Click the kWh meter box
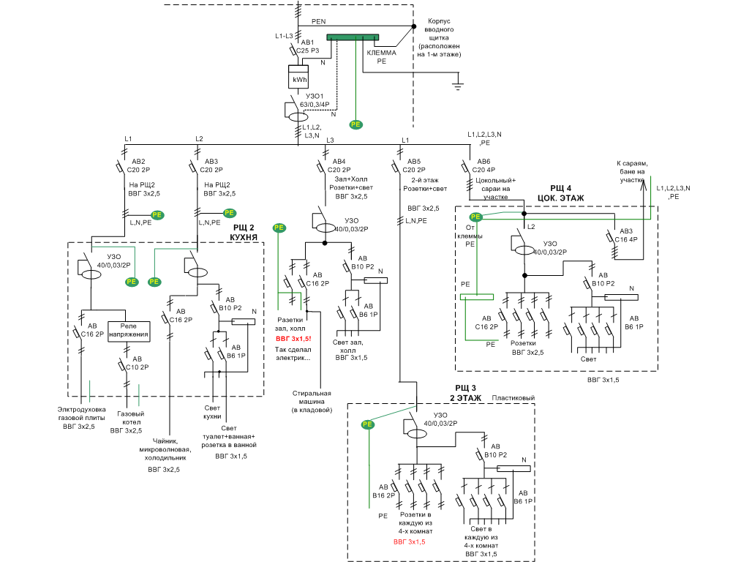point(300,78)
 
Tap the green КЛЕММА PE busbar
point(353,37)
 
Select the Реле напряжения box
point(129,331)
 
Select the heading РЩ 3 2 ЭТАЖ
point(465,393)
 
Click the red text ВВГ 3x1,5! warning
point(293,340)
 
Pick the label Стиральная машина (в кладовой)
point(312,402)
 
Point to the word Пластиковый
point(513,398)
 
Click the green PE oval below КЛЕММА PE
point(356,124)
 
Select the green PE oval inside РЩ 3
point(367,424)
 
